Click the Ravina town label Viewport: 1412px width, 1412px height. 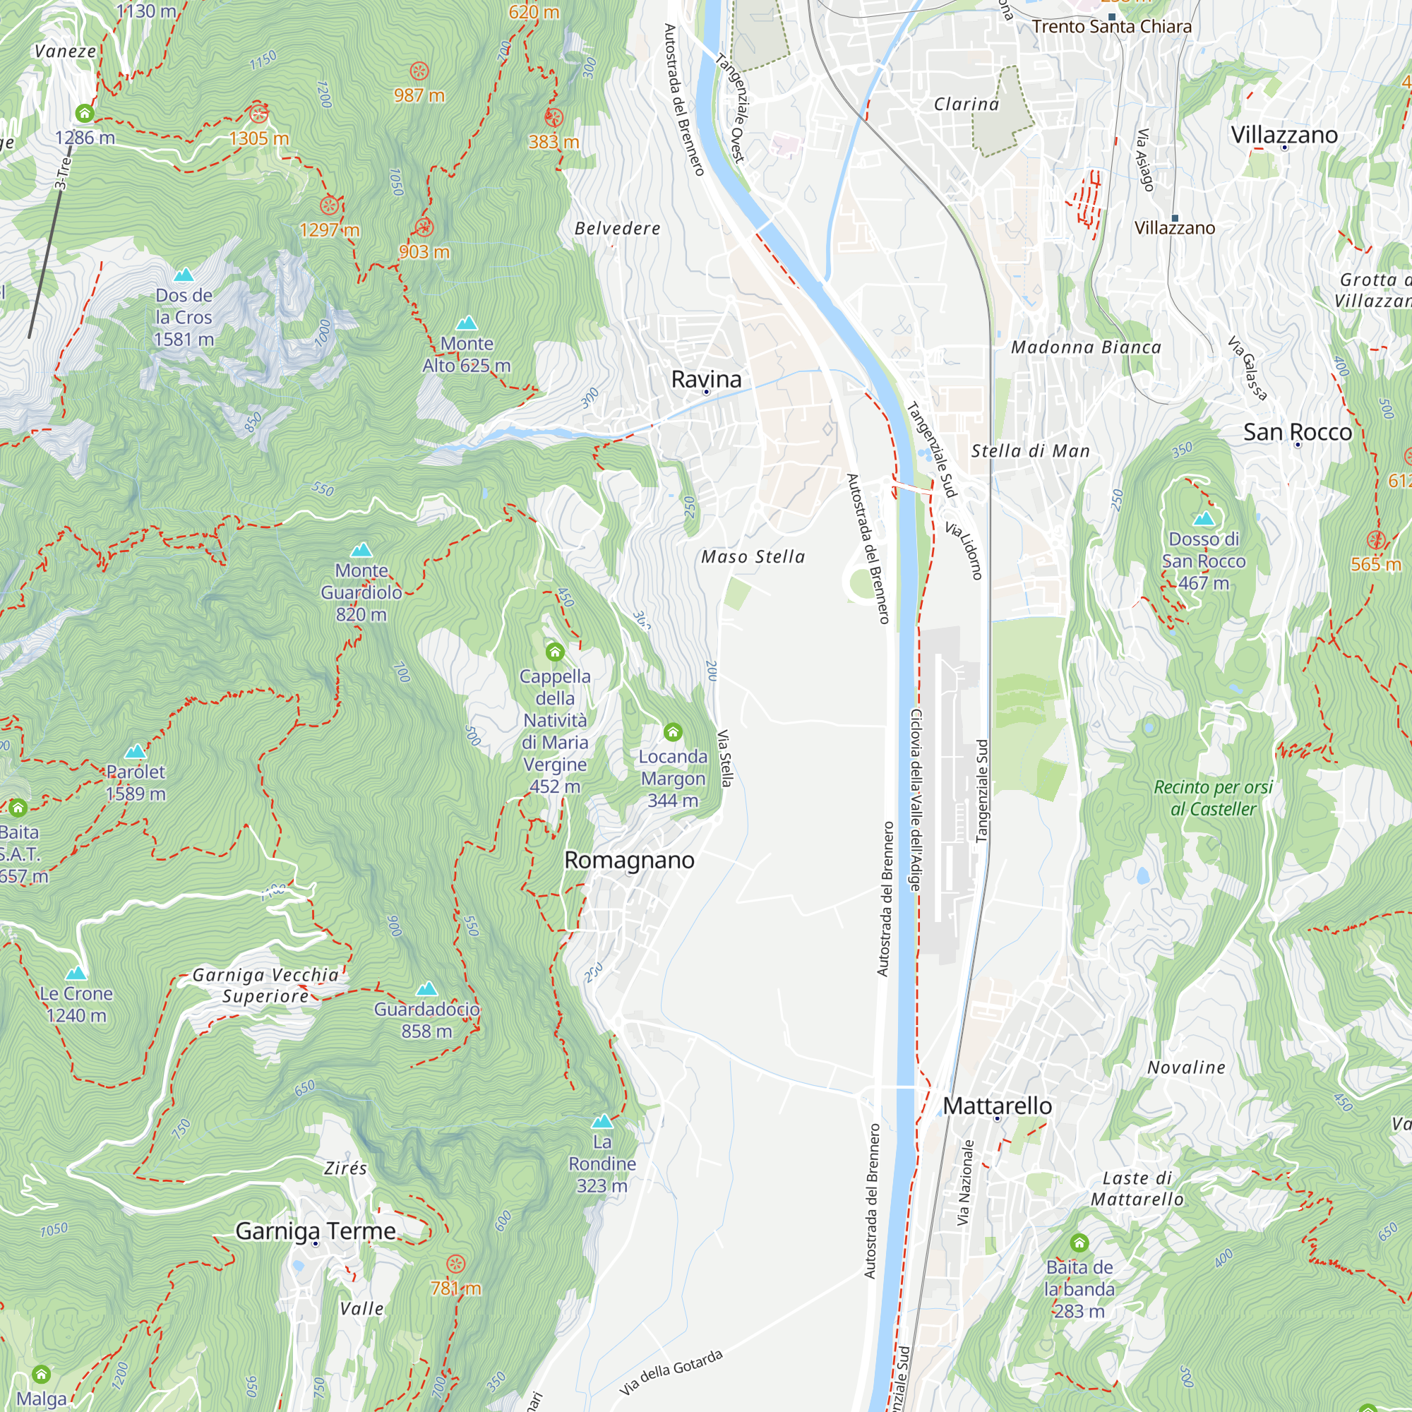tap(706, 379)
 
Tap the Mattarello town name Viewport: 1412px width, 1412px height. tap(997, 1106)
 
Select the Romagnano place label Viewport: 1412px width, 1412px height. tap(629, 860)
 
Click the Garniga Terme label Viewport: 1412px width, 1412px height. tap(316, 1231)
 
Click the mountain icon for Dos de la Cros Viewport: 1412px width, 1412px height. tap(184, 275)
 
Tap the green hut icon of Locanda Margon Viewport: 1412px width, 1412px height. tap(672, 731)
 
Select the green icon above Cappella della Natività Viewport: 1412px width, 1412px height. tap(555, 651)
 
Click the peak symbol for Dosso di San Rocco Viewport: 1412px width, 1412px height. tap(1203, 519)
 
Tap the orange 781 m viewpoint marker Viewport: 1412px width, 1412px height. tap(455, 1264)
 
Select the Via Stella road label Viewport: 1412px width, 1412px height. tap(724, 758)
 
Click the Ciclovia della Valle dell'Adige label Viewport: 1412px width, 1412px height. tap(916, 800)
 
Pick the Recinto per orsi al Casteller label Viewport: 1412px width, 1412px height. tap(1213, 798)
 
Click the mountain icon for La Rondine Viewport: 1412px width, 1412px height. tap(602, 1121)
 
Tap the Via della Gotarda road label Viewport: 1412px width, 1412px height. tap(671, 1372)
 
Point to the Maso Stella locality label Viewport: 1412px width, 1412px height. tap(753, 557)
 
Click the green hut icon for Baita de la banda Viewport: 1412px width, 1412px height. tap(1079, 1243)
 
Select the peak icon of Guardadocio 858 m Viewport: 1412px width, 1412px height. tap(426, 989)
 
